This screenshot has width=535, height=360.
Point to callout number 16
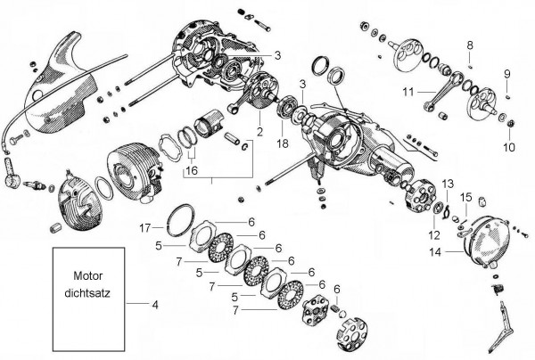191,169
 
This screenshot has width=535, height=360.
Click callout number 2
259,131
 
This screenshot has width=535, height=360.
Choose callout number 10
509,146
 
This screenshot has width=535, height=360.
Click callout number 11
407,91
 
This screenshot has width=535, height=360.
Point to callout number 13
449,183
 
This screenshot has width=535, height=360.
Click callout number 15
465,197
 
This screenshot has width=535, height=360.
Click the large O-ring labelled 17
184,217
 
